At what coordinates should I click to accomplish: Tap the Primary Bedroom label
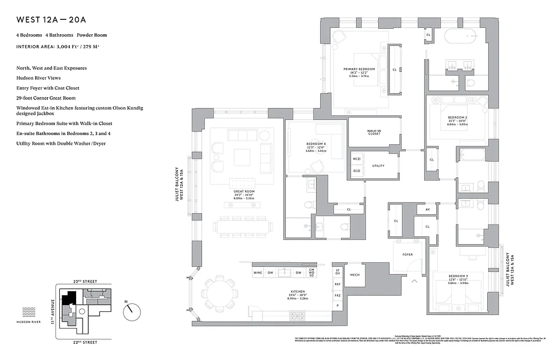(x=359, y=69)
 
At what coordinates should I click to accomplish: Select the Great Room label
(x=244, y=192)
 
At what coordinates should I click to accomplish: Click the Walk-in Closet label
(x=374, y=132)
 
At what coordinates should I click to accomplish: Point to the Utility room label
(x=378, y=166)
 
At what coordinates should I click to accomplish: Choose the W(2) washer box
(x=357, y=159)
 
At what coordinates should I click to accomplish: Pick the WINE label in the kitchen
(x=258, y=273)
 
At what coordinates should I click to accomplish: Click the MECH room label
(x=355, y=275)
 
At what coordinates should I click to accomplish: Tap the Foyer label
(x=407, y=255)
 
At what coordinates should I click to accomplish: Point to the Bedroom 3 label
(x=457, y=276)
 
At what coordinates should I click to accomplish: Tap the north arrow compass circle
(x=132, y=310)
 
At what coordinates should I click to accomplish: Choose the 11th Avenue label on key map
(x=53, y=311)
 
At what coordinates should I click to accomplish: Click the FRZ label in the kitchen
(x=338, y=295)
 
